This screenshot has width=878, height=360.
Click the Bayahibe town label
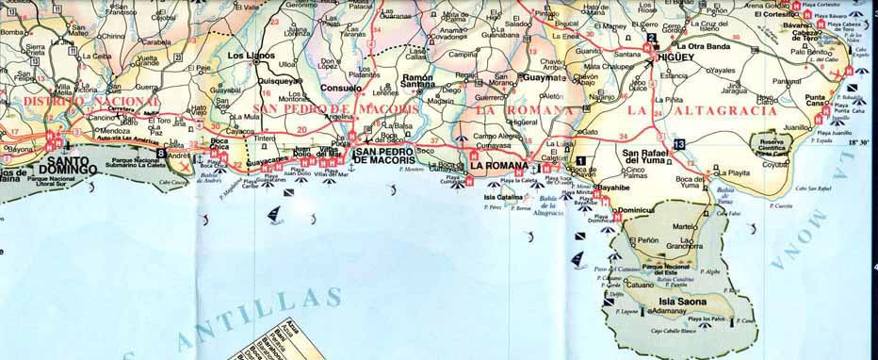[x=613, y=188]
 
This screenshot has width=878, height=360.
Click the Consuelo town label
[x=342, y=88]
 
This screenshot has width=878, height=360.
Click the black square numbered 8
[x=162, y=153]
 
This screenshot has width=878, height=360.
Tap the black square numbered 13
[x=679, y=142]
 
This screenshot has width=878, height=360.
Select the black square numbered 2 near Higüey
[x=650, y=39]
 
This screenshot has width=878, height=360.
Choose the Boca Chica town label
[x=219, y=145]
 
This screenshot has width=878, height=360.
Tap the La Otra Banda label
[x=704, y=46]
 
